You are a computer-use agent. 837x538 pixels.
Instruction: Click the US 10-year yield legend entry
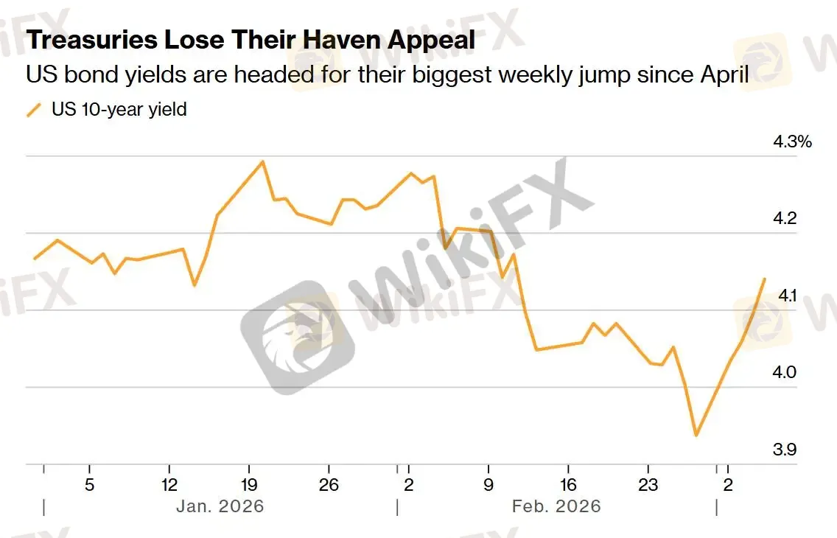click(118, 110)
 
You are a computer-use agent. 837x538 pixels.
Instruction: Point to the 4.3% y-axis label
click(792, 142)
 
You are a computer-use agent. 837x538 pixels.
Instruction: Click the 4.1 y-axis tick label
click(788, 296)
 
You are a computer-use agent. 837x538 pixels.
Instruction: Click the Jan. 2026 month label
click(220, 507)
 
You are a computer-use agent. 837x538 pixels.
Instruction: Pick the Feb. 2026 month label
click(556, 507)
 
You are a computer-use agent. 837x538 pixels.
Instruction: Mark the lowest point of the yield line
click(696, 436)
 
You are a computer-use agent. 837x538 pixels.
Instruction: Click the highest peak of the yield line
click(263, 161)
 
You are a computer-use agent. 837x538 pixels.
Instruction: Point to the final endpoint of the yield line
click(765, 279)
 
